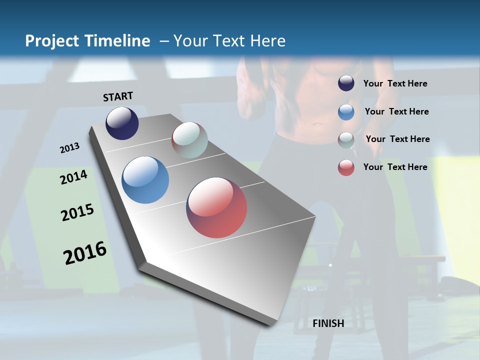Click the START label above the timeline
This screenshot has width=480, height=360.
118,96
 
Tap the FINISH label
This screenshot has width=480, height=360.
328,323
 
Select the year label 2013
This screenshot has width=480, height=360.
69,148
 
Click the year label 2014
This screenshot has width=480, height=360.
73,177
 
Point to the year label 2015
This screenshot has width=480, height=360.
77,212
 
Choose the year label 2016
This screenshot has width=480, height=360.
85,253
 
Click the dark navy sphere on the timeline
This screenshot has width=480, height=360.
122,123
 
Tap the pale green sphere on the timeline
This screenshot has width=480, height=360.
189,139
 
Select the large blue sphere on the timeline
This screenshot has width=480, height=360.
145,179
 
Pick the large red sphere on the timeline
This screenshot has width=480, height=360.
216,207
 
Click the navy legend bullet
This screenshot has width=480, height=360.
346,83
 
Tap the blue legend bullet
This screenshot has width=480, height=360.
346,111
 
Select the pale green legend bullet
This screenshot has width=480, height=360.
346,139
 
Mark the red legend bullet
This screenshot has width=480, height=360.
346,167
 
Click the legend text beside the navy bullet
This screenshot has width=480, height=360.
395,83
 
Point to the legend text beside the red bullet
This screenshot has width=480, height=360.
395,167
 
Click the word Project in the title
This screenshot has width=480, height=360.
52,41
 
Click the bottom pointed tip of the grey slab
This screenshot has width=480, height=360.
272,324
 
